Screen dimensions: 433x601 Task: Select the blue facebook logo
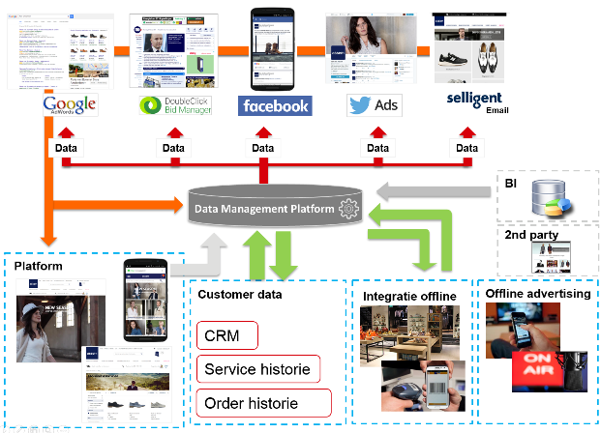pyautogui.click(x=276, y=106)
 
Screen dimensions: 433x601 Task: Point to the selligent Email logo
pyautogui.click(x=475, y=104)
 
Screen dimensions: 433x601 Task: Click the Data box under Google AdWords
pyautogui.click(x=66, y=148)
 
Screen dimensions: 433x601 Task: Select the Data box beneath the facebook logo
pyautogui.click(x=263, y=148)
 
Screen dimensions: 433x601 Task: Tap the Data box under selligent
pyautogui.click(x=468, y=148)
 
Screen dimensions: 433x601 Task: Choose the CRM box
pyautogui.click(x=227, y=335)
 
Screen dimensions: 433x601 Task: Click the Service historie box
pyautogui.click(x=256, y=368)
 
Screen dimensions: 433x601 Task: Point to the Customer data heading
pyautogui.click(x=241, y=294)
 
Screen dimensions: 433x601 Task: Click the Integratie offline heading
pyautogui.click(x=409, y=295)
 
